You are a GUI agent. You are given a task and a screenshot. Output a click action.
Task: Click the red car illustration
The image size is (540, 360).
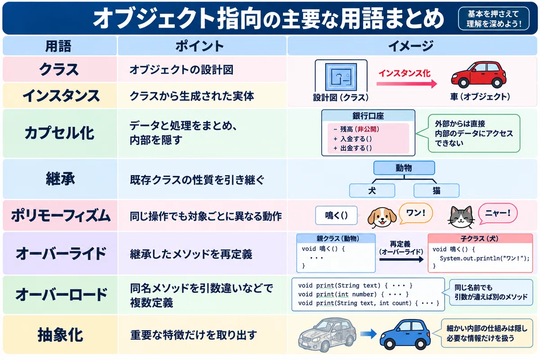pos(479,75)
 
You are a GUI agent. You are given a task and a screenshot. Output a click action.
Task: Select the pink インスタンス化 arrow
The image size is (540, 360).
pos(407,84)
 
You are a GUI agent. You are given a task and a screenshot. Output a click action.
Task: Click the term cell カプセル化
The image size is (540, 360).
pos(60,133)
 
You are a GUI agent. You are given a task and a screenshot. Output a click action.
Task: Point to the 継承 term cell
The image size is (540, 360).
pos(60,179)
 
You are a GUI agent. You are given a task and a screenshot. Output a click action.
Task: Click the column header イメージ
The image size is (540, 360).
pos(412,46)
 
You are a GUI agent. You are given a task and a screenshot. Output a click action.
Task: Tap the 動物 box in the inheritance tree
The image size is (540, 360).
pos(404,168)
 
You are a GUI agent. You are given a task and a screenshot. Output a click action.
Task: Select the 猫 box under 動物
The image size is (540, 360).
pos(436,191)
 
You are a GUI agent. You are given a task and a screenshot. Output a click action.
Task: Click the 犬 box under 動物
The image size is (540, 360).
pos(372,191)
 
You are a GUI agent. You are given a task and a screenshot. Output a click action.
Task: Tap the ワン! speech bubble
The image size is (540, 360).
pos(416,213)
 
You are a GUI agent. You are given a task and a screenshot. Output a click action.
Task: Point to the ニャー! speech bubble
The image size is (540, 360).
pos(498,213)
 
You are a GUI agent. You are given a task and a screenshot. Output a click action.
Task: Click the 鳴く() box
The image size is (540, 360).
pos(336,215)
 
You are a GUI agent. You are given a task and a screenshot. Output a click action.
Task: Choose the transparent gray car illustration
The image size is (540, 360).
pos(328,335)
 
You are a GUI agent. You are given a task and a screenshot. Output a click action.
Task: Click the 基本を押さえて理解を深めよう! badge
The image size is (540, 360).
pos(494,18)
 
